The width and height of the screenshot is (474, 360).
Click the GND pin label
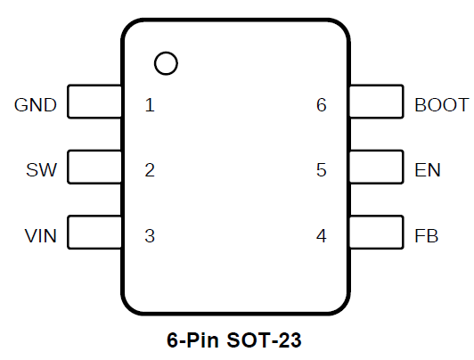coord(36,105)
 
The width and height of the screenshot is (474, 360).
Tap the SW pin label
coord(41,170)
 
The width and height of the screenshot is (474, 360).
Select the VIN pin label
coord(40,236)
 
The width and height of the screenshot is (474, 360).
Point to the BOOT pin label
coord(442,105)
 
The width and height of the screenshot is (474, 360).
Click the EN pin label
coord(428,170)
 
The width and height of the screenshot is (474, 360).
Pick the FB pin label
coord(426,236)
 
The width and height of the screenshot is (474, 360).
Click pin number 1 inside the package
coord(150,105)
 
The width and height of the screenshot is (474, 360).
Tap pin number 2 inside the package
coord(150,170)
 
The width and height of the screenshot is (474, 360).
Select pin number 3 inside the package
coord(150,236)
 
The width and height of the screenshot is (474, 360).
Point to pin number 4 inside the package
coord(322,236)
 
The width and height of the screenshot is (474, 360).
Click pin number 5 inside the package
coord(322,170)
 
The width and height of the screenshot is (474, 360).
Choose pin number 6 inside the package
coord(322,105)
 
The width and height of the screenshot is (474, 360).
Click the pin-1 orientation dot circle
coord(166,52)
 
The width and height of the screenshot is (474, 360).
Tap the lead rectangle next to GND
coord(68,102)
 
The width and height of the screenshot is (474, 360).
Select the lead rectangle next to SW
coord(68,167)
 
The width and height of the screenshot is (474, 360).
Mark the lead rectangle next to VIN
coord(68,233)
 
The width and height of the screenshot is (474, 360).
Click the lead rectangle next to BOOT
coord(404,102)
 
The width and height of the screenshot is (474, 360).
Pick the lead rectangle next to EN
coord(404,167)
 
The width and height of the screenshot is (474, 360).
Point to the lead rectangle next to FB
coord(404,233)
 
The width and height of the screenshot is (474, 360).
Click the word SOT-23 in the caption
coord(264,340)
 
